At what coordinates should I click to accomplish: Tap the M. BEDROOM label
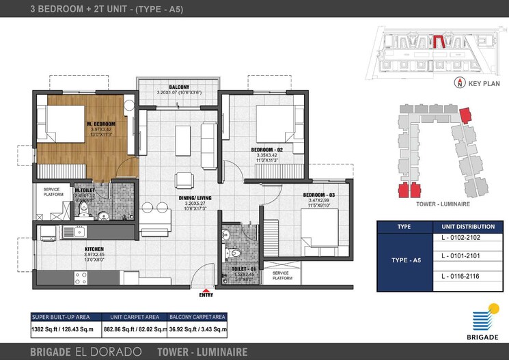(x=100, y=124)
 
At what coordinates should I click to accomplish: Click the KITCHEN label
(x=94, y=249)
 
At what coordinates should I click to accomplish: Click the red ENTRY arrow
(x=206, y=289)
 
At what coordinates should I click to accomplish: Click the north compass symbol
(x=460, y=83)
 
